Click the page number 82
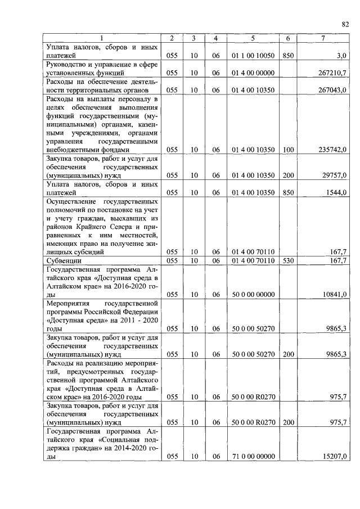pyautogui.click(x=345, y=24)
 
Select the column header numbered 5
pyautogui.click(x=253, y=38)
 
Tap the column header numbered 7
pyautogui.click(x=322, y=38)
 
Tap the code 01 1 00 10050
pyautogui.click(x=253, y=56)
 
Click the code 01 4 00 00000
pyautogui.click(x=253, y=73)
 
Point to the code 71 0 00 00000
pyautogui.click(x=253, y=457)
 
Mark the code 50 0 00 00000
pyautogui.click(x=253, y=294)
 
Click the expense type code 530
pyautogui.click(x=288, y=261)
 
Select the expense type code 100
pyautogui.click(x=288, y=150)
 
